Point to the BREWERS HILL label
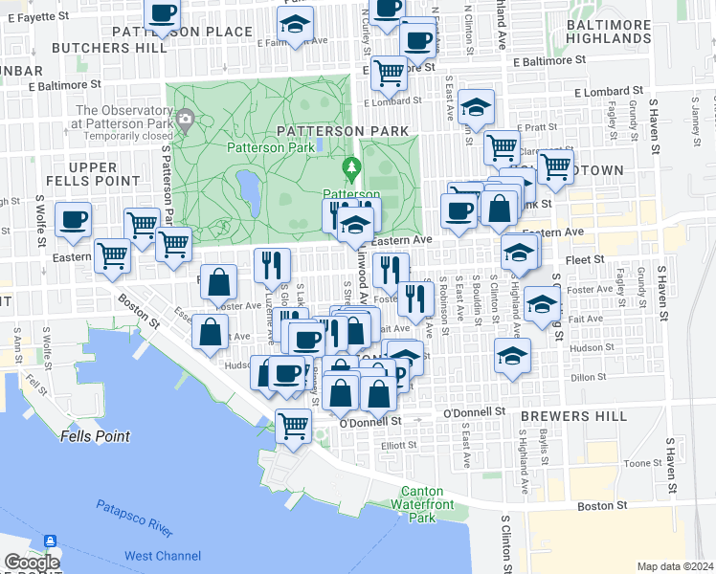[x=563, y=416]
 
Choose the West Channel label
[x=163, y=556]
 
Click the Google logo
[x=32, y=563]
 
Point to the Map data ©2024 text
[x=675, y=566]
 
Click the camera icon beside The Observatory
[x=186, y=119]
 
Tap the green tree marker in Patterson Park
[x=352, y=170]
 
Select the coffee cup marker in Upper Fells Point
[x=74, y=220]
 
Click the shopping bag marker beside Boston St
[x=210, y=332]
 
